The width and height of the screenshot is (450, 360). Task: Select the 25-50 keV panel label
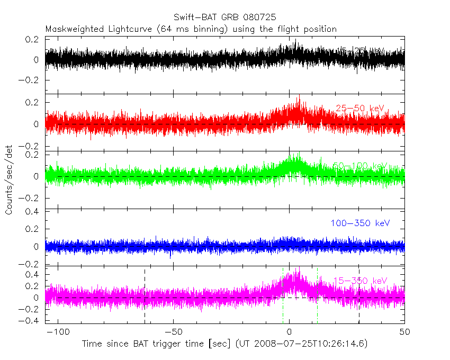(x=359, y=109)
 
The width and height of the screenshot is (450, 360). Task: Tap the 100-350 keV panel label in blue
(x=360, y=223)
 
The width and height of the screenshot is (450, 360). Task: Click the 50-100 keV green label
(x=360, y=166)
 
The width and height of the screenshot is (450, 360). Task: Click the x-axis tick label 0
(x=289, y=332)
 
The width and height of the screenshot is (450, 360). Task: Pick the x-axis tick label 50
(x=404, y=332)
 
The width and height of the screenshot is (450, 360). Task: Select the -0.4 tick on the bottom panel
(x=30, y=320)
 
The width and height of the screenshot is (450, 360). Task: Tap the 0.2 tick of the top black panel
(x=33, y=39)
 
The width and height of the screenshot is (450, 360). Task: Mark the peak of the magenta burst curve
(x=296, y=271)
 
